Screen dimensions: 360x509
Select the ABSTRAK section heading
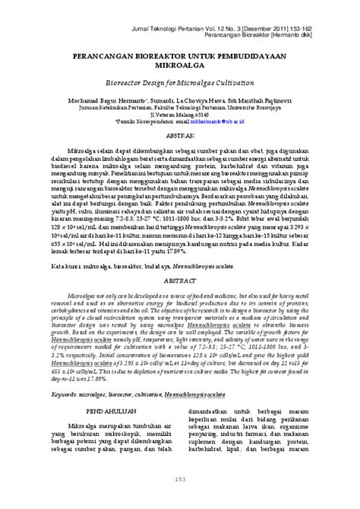[x=179, y=134]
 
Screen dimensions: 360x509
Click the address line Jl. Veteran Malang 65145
[x=180, y=113]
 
